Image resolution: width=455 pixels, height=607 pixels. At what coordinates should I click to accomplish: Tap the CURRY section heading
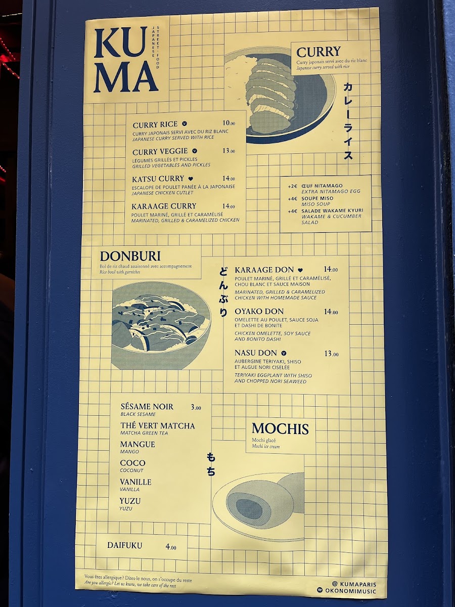(318, 52)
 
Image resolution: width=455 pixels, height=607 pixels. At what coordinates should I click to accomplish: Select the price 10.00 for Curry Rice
(229, 123)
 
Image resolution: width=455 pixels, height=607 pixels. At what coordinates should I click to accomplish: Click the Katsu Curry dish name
(158, 179)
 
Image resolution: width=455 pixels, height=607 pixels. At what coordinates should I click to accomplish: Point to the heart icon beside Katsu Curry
(191, 179)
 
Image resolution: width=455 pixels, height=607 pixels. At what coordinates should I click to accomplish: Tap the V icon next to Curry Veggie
(195, 151)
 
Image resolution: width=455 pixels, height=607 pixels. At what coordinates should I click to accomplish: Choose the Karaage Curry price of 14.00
(229, 206)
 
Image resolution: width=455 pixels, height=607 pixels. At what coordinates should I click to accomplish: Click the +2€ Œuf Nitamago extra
(315, 186)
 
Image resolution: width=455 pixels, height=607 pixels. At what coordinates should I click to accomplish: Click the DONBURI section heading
(130, 256)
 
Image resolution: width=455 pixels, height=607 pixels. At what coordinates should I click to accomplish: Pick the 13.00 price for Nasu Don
(331, 354)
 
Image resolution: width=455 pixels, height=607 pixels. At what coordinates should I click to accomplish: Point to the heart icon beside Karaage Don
(301, 270)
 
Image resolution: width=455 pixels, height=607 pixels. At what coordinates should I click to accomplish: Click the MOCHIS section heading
(280, 429)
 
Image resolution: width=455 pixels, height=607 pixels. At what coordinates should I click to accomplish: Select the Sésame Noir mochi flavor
(147, 407)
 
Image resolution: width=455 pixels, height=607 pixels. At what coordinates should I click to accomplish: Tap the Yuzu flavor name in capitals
(130, 501)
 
